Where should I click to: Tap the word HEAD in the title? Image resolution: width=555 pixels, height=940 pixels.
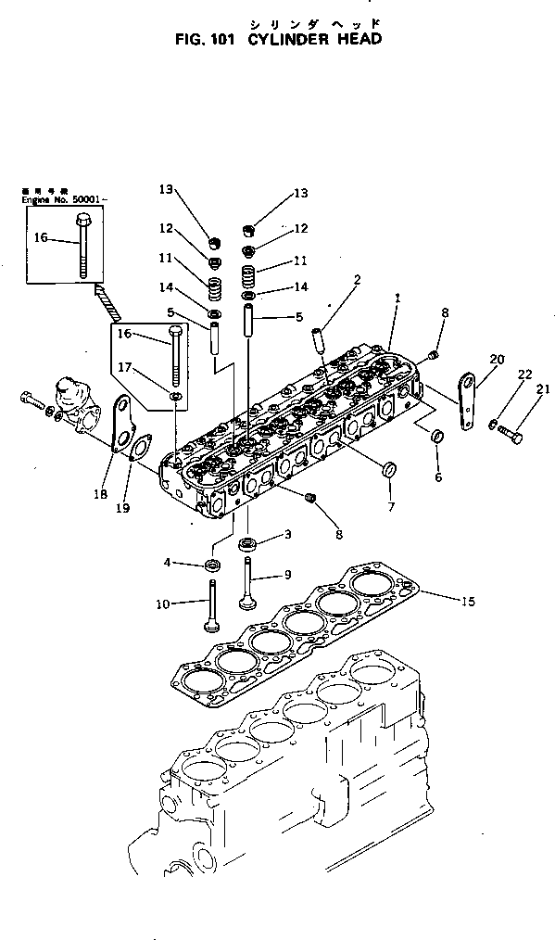pyautogui.click(x=357, y=41)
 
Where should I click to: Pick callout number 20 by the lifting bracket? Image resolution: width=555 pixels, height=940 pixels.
pyautogui.click(x=497, y=359)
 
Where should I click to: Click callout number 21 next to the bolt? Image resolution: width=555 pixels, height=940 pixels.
pyautogui.click(x=542, y=389)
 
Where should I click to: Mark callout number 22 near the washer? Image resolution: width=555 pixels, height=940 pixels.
pyautogui.click(x=524, y=374)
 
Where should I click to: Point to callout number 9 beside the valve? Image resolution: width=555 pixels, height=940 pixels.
pyautogui.click(x=286, y=575)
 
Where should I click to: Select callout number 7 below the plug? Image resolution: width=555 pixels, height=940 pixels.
pyautogui.click(x=391, y=507)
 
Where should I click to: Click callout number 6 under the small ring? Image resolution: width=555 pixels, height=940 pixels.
pyautogui.click(x=438, y=477)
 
